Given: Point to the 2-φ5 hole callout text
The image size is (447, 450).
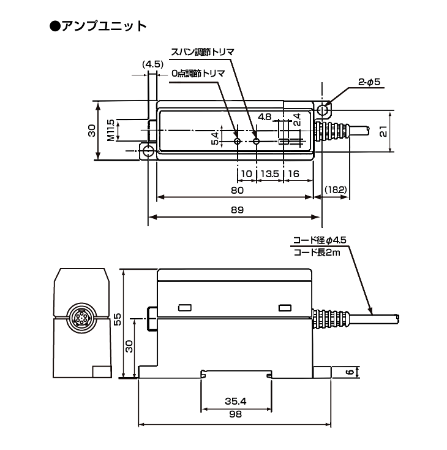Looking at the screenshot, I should coord(370,82).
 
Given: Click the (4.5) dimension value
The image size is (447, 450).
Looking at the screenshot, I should coord(152,64).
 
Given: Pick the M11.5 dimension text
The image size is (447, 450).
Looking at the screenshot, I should coord(110,130).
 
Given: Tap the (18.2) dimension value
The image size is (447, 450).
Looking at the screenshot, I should coord(336,191).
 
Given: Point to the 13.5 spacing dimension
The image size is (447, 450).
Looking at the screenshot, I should coord(269,174).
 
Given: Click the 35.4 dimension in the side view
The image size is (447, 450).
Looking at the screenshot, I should coord(235,402).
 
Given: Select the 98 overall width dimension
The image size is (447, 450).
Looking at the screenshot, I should coord(235,415).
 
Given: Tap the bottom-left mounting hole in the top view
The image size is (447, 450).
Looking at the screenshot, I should coord(148,151).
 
